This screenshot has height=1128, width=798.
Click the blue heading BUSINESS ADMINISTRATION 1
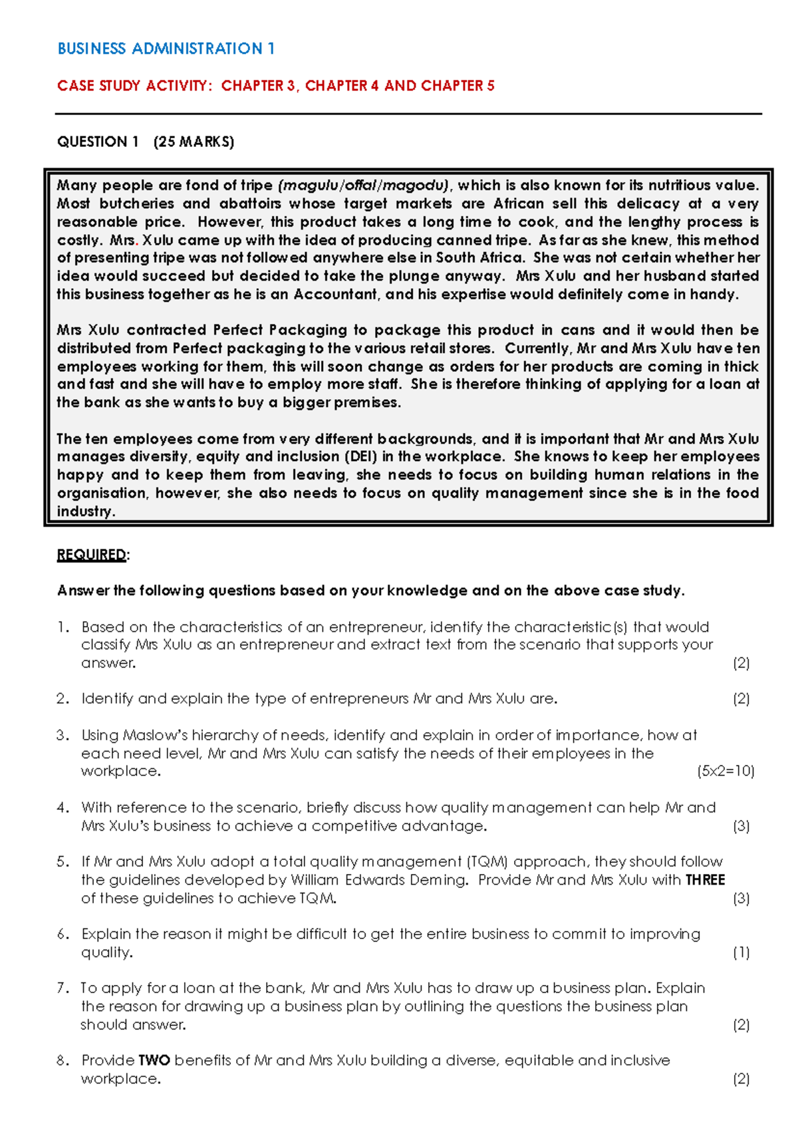point(166,49)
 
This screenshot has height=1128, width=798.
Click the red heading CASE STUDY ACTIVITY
point(132,86)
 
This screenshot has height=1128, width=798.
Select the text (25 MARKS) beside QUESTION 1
point(194,142)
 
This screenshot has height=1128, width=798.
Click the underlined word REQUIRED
point(91,555)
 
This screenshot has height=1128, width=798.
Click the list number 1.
point(63,627)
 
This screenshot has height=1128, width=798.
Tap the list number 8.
point(63,1060)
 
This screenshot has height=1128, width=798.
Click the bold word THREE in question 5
point(705,880)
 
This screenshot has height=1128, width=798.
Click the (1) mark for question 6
point(741,952)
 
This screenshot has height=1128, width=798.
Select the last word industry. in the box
point(86,511)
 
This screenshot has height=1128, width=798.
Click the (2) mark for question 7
point(741,1025)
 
